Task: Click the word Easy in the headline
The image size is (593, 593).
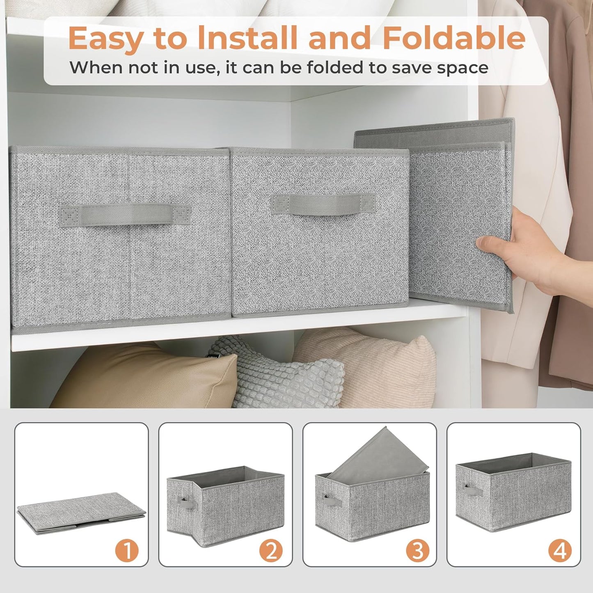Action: click(x=106, y=38)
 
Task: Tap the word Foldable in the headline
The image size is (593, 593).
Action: click(x=454, y=38)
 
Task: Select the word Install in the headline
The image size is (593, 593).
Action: click(x=247, y=38)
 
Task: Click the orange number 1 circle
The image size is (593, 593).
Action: click(x=127, y=550)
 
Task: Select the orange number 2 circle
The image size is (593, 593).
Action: click(x=271, y=550)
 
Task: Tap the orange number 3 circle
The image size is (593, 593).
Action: click(x=417, y=550)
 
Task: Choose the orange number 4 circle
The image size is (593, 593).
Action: click(x=560, y=550)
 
